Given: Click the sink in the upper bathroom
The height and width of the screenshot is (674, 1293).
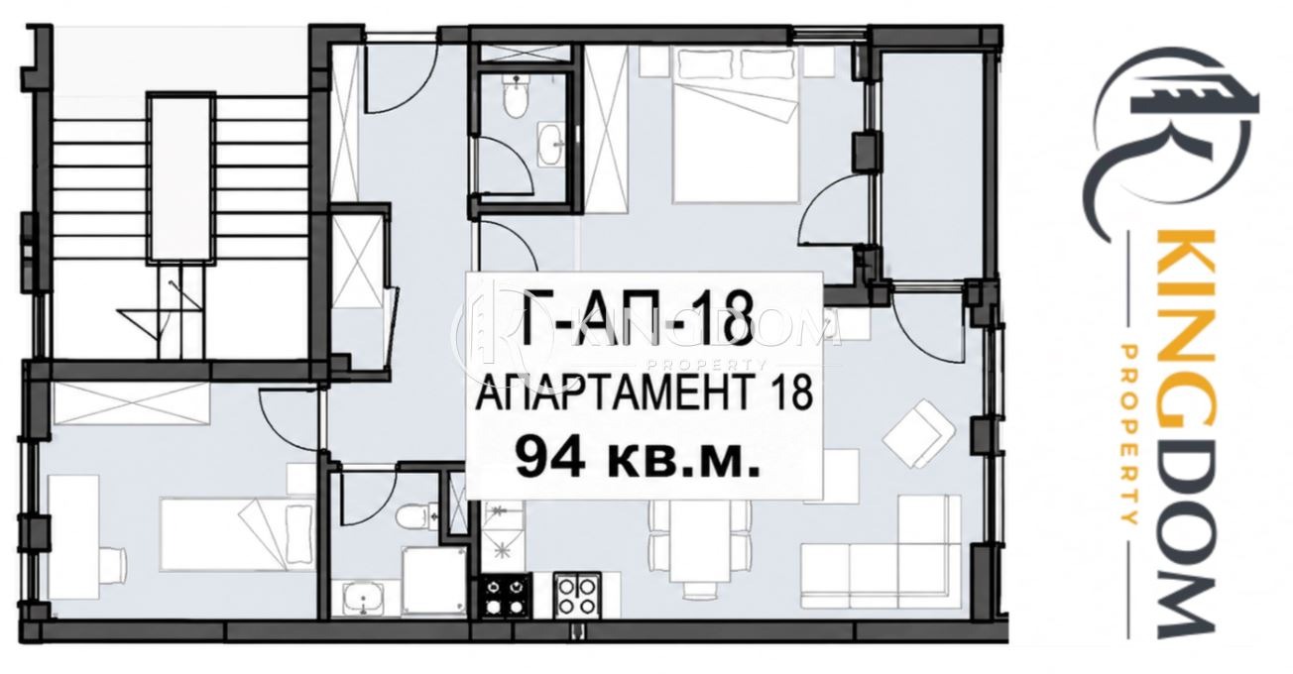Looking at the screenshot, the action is pyautogui.click(x=552, y=142).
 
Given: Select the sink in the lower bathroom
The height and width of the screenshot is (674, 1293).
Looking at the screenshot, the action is pyautogui.click(x=363, y=599).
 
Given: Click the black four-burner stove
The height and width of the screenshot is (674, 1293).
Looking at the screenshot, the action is pyautogui.click(x=507, y=596).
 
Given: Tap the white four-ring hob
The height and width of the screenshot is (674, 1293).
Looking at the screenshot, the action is pyautogui.click(x=577, y=596).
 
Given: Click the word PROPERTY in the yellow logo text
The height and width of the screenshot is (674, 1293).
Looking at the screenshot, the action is pyautogui.click(x=1130, y=435).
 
